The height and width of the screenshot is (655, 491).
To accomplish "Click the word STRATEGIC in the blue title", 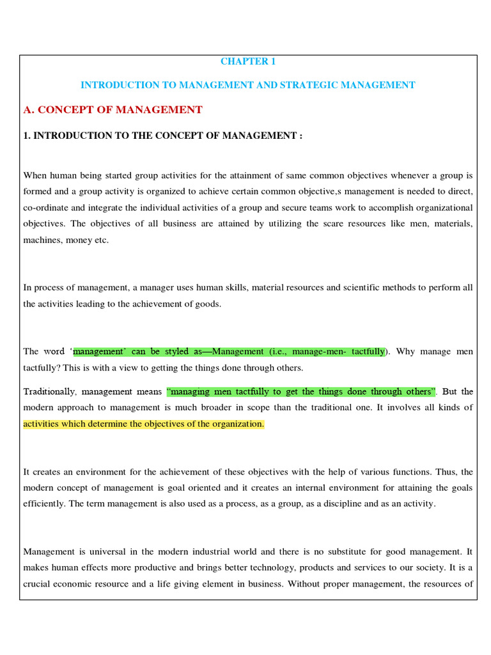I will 302,85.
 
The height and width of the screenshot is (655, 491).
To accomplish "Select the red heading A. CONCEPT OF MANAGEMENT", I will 113,110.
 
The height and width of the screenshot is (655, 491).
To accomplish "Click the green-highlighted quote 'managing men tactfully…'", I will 300,391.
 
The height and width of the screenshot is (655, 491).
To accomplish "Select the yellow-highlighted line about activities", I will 143,423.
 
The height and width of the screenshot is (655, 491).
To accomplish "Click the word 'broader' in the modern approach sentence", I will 270,407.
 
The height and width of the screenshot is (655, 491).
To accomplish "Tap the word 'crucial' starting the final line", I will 38,583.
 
